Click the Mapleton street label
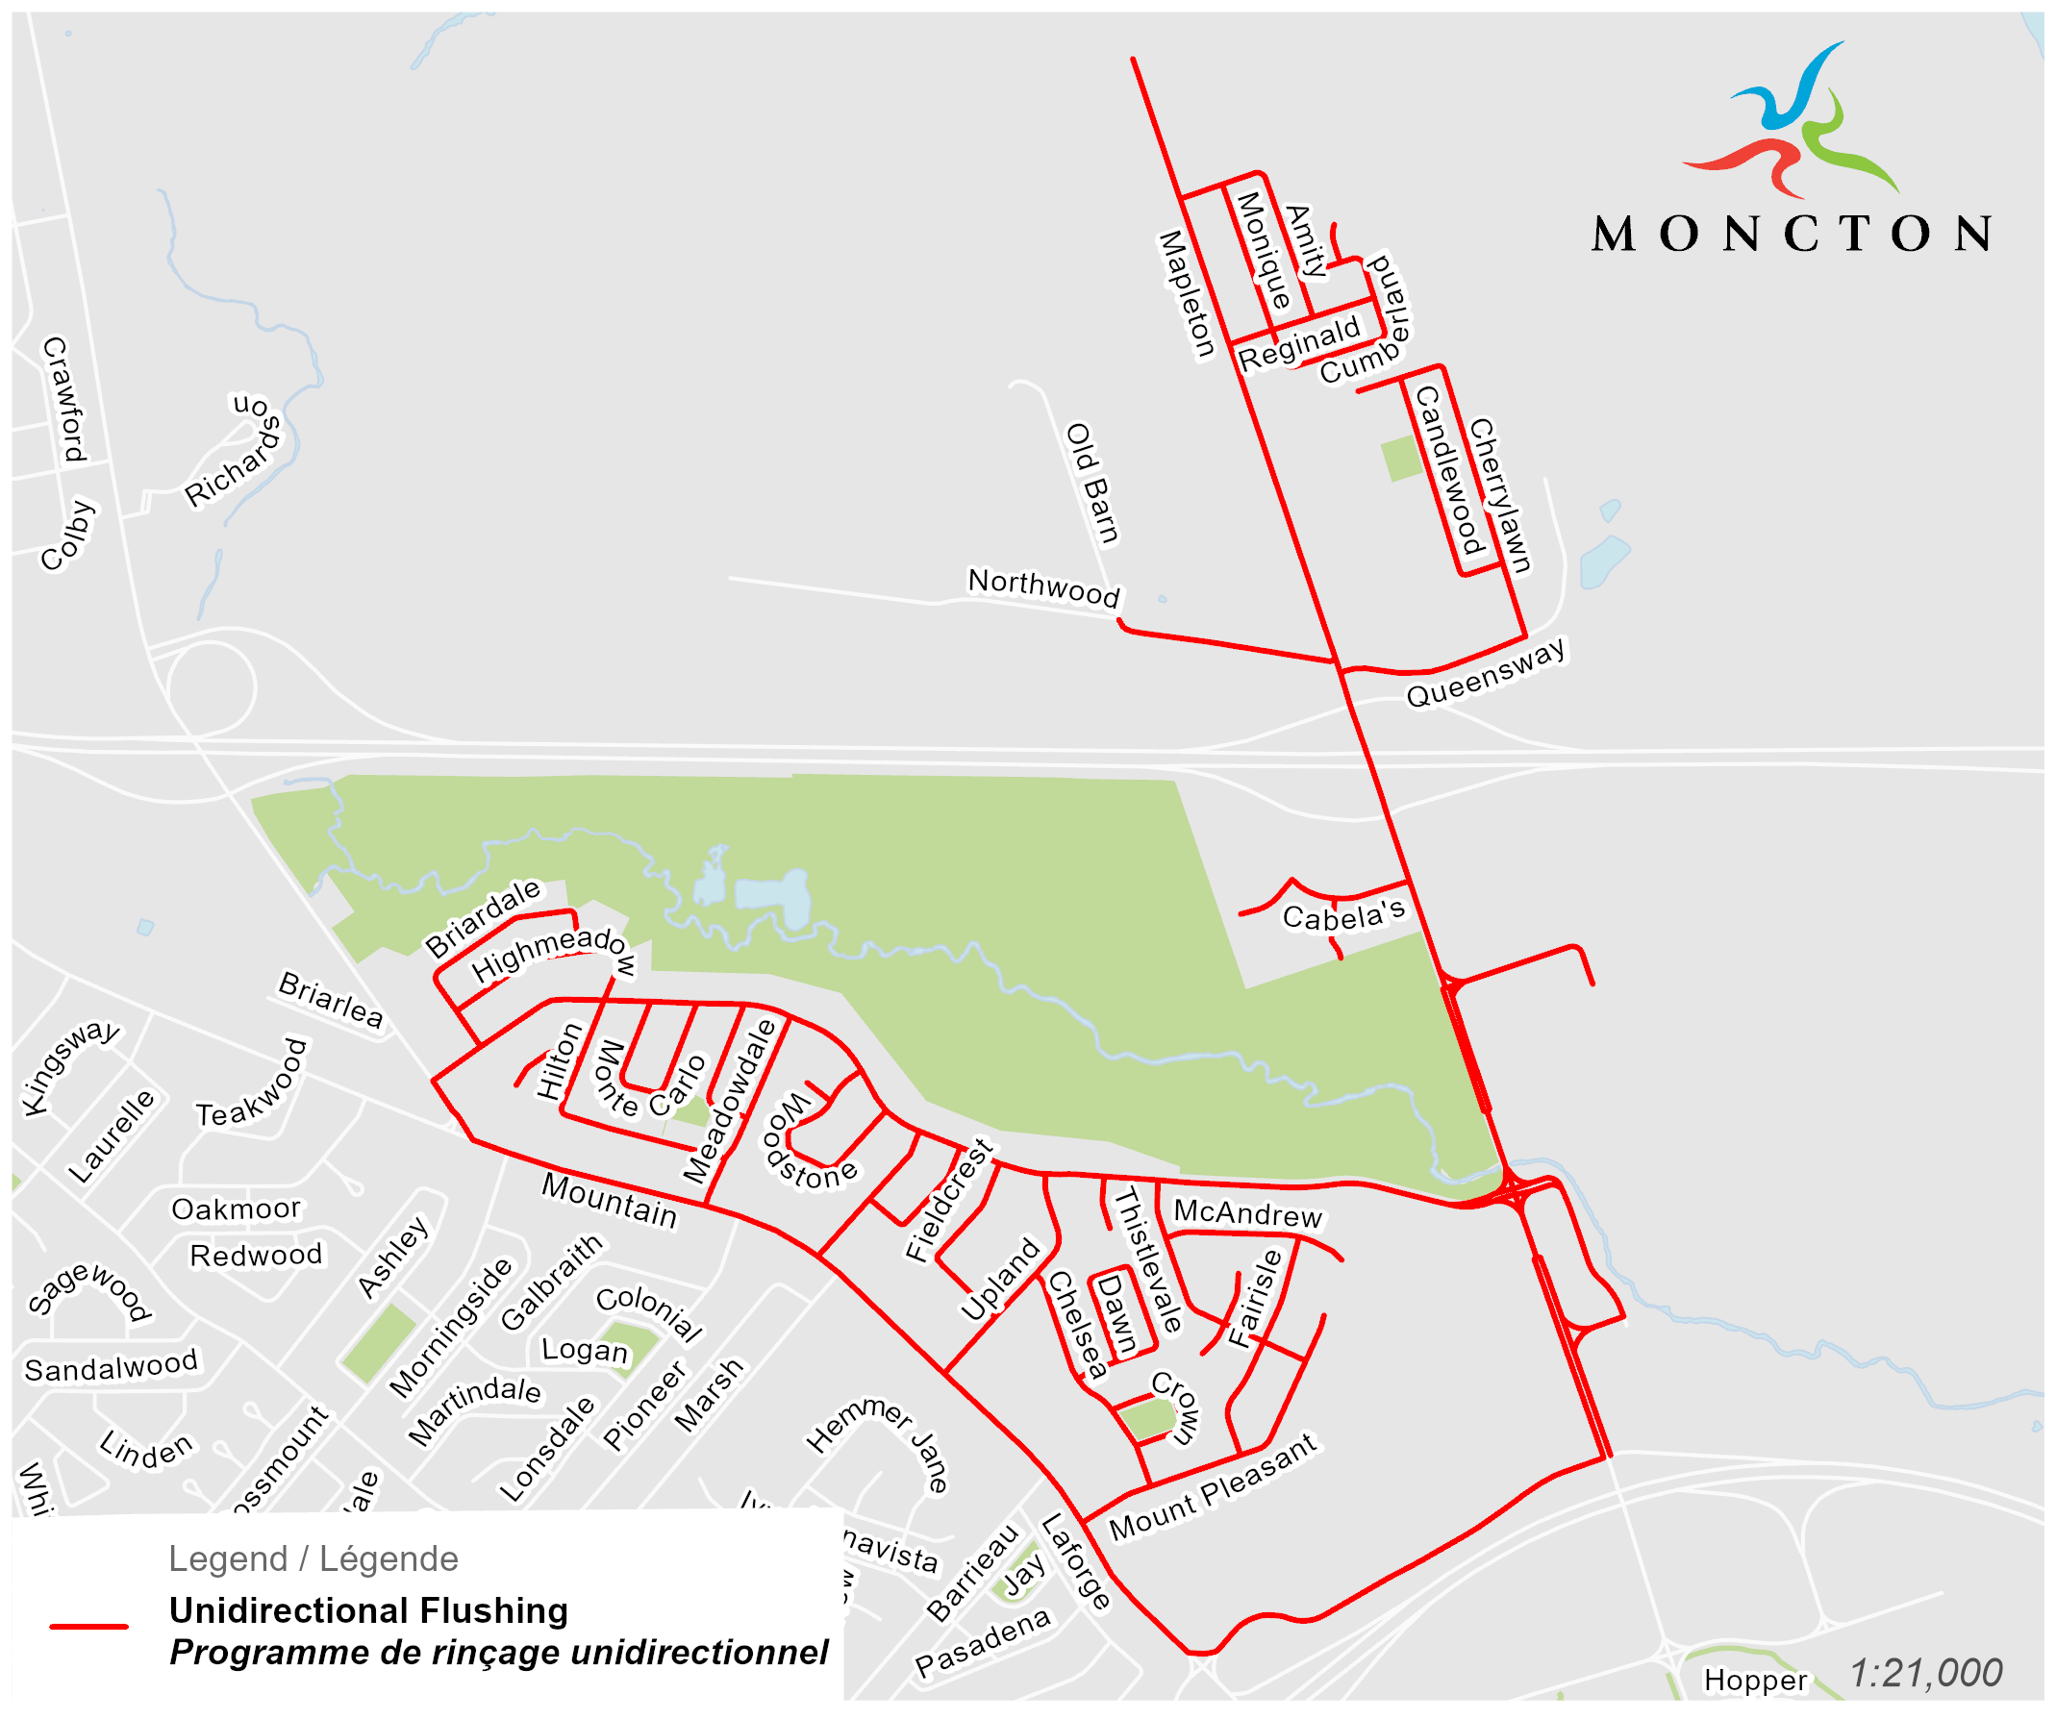(1187, 294)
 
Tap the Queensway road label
(1486, 673)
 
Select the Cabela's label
(1343, 916)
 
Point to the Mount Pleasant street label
(1213, 1487)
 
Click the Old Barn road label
(1091, 484)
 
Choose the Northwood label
(1043, 587)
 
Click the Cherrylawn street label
(1500, 495)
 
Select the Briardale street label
(482, 917)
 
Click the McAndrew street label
(1247, 1214)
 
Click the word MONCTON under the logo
(1791, 234)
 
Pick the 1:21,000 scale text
(1925, 1673)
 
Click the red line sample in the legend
(89, 1626)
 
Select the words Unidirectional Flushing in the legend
(368, 1610)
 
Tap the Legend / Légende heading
(313, 1558)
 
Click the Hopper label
(1754, 1680)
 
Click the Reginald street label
(1299, 343)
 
